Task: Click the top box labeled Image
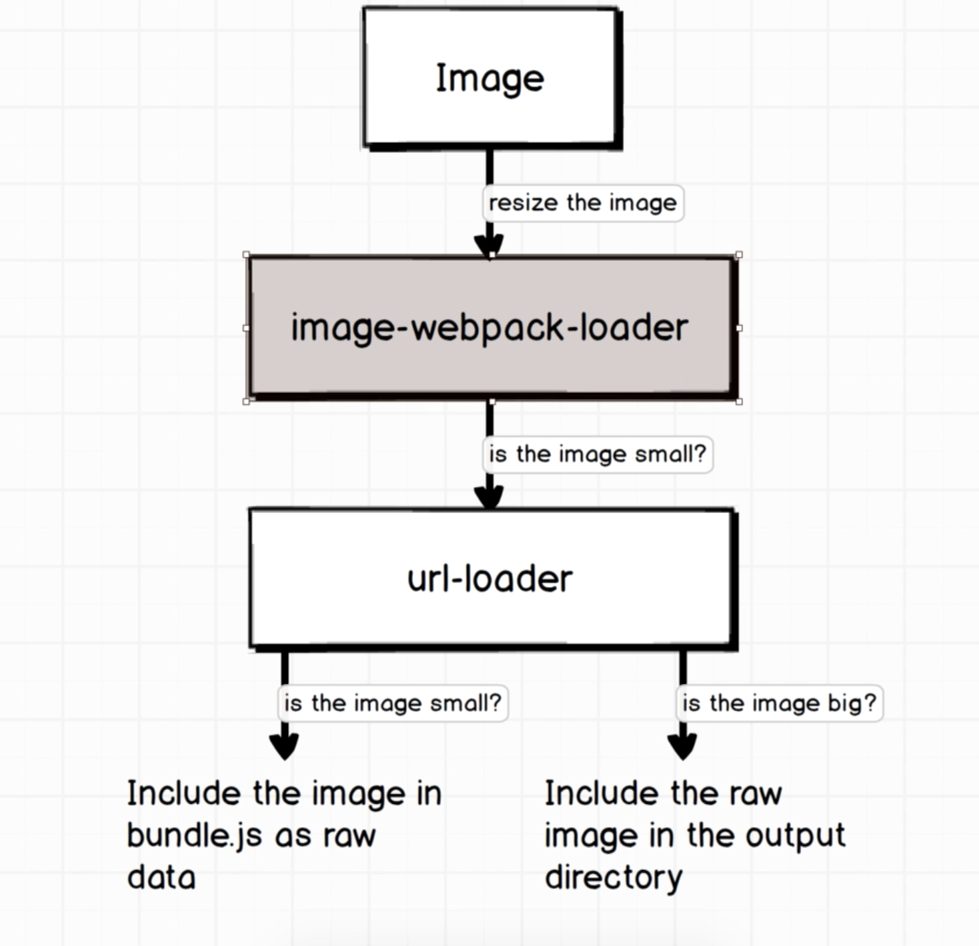(x=490, y=77)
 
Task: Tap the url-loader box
(x=490, y=578)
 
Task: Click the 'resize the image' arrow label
(x=582, y=203)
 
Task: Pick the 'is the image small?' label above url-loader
(x=597, y=454)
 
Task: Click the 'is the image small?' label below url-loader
(x=392, y=703)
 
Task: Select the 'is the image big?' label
(x=779, y=703)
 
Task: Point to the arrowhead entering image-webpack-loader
(x=490, y=245)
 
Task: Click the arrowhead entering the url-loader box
(x=490, y=497)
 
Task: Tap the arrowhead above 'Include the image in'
(x=285, y=746)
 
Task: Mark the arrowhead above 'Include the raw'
(x=682, y=746)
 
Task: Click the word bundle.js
(x=194, y=836)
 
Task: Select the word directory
(x=614, y=877)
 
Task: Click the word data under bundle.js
(x=161, y=877)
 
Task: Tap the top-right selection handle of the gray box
(x=738, y=255)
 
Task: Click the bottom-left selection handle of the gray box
(x=247, y=401)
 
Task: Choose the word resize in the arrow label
(x=523, y=203)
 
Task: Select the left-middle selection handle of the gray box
(x=247, y=328)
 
